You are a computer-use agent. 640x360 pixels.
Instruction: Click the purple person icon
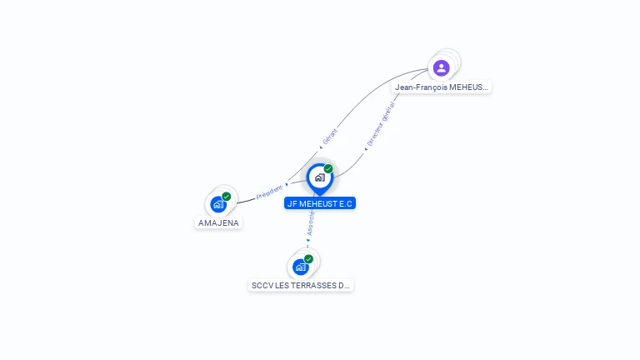coord(442,67)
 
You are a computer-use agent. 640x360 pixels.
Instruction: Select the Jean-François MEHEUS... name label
coord(442,87)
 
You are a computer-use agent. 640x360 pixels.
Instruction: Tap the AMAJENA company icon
coord(217,204)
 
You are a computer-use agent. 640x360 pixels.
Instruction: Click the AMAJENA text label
coord(218,223)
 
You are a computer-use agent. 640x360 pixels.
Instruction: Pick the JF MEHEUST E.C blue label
coord(320,203)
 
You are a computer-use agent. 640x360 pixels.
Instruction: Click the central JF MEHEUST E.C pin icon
coord(319,177)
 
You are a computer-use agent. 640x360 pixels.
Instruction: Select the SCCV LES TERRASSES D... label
coord(301,285)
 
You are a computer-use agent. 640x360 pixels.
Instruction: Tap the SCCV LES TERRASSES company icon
coord(300,267)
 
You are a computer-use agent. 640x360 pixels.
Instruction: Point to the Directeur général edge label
coord(381,124)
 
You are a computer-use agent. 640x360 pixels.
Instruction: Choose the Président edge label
coord(269,192)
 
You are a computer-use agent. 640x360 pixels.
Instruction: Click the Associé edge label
coord(310,222)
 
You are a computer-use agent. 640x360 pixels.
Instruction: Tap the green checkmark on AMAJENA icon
coord(227,197)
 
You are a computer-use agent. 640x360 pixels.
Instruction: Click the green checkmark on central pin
coord(328,169)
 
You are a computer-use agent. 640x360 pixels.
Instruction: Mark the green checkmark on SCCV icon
coord(308,259)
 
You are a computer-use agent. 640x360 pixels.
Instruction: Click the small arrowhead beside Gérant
coord(321,148)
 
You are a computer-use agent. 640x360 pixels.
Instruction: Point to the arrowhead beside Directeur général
coord(366,148)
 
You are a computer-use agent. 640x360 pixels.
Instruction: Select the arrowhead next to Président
coord(287,184)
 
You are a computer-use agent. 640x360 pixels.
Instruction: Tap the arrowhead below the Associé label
coord(307,240)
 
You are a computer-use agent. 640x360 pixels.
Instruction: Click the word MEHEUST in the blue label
coord(321,203)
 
